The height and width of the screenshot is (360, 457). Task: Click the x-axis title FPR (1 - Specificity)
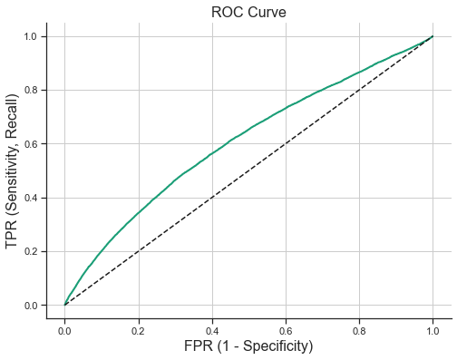[248, 345]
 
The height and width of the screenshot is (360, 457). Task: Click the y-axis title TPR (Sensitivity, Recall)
[13, 170]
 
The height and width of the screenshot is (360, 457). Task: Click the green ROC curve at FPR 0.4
[212, 153]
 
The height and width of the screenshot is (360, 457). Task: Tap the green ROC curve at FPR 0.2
[139, 213]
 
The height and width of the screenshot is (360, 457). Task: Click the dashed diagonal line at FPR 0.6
[286, 144]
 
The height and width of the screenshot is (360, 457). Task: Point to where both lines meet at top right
[433, 37]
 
